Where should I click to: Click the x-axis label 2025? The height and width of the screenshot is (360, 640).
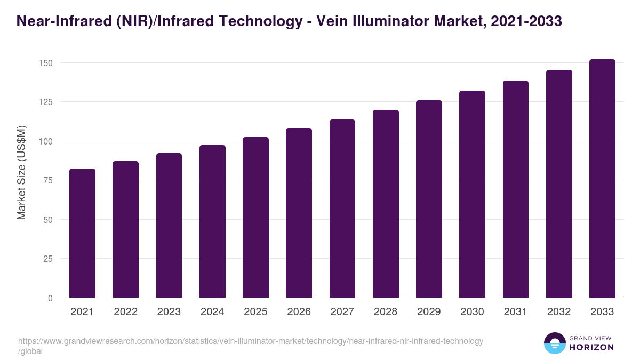[x=255, y=312]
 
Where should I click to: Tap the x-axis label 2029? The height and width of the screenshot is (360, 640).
[x=429, y=312]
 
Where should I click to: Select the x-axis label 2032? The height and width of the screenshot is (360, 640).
[x=559, y=312]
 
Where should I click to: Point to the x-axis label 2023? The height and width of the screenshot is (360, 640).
[x=169, y=312]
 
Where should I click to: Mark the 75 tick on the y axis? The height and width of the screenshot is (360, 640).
[x=48, y=180]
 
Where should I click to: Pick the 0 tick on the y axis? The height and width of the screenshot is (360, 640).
[x=50, y=298]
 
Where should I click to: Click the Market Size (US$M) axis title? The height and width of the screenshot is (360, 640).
[x=21, y=172]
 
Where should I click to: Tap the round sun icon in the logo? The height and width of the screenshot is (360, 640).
[x=555, y=343]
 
